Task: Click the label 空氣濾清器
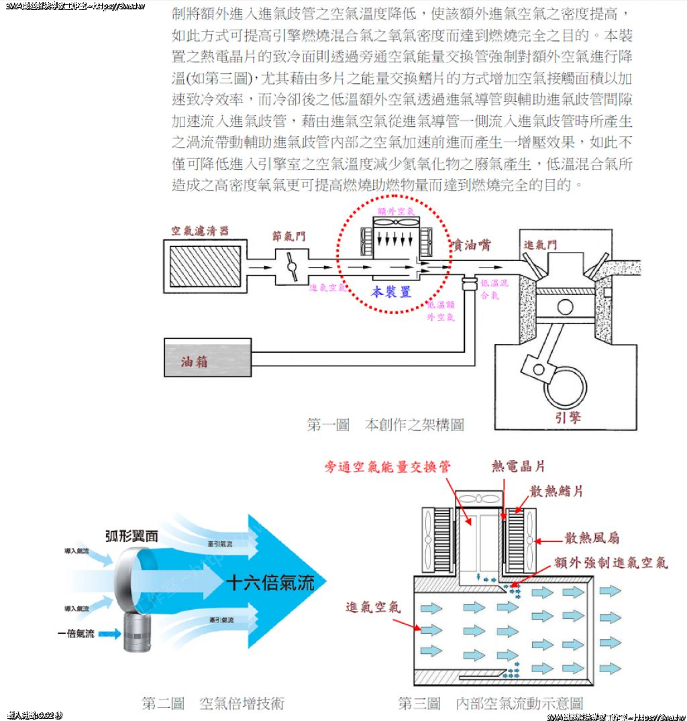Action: point(199,231)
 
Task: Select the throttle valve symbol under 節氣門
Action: point(291,266)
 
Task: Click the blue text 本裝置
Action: point(391,292)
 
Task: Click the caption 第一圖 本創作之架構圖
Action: point(384,425)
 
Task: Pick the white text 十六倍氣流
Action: point(270,582)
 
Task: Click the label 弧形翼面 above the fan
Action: point(131,536)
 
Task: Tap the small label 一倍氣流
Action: point(76,633)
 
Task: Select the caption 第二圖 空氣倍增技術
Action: point(213,703)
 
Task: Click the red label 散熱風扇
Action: point(591,538)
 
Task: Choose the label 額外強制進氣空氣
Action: point(611,562)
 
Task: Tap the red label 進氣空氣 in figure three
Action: point(373,607)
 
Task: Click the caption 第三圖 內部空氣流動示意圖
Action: point(490,703)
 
